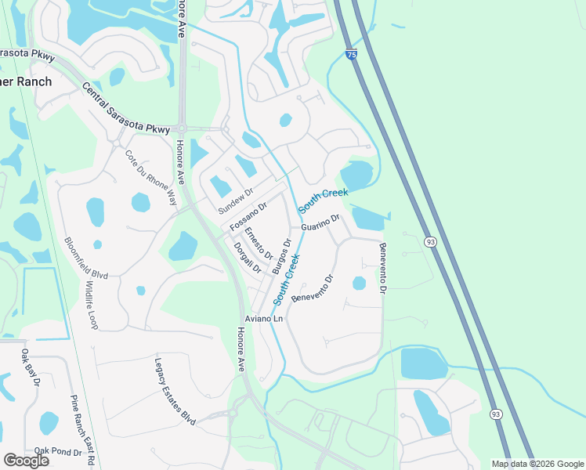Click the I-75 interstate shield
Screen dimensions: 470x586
[350, 55]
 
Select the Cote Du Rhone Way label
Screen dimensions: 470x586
[151, 177]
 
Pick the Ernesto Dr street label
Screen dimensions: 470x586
[258, 244]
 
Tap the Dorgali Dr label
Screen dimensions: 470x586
[247, 257]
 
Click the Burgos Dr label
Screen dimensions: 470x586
[281, 256]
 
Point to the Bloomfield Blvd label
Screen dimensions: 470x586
[85, 259]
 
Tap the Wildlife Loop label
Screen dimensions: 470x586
[92, 305]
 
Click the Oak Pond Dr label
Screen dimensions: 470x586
[58, 452]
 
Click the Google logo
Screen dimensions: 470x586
[26, 460]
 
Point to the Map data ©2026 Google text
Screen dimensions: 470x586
[537, 464]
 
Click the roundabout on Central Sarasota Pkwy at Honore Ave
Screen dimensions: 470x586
[182, 128]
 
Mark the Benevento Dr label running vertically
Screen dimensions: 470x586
[383, 267]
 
